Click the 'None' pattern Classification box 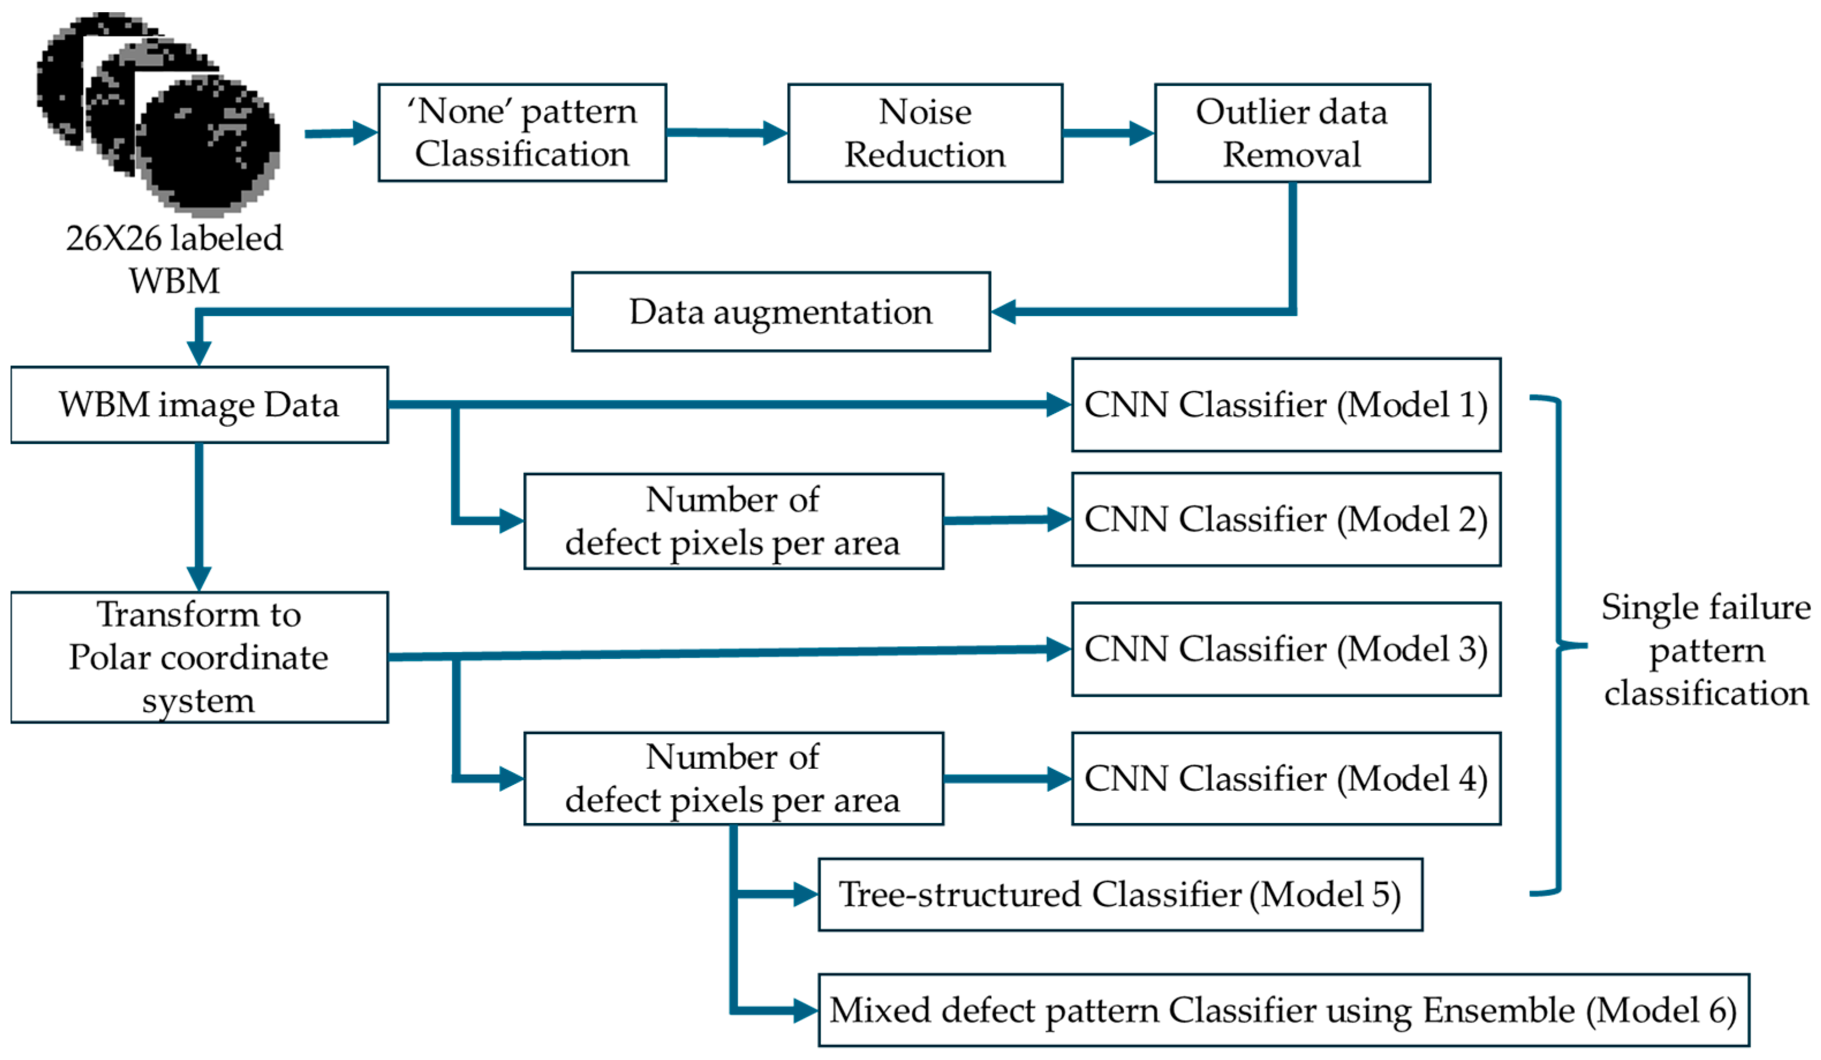coord(522,132)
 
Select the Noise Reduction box coord(924,132)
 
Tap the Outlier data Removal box coord(1291,132)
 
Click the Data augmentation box coord(780,311)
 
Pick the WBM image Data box coord(199,404)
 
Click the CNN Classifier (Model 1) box coord(1286,404)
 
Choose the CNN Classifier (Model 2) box coord(1286,519)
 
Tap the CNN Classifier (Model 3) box coord(1286,649)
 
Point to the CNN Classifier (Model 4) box coord(1286,778)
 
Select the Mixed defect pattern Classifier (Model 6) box coord(1283,1009)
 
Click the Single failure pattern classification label coord(1705,649)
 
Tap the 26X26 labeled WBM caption coord(174,259)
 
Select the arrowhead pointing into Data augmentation coord(1004,311)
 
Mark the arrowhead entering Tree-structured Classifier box coord(805,894)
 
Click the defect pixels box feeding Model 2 coord(733,521)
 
